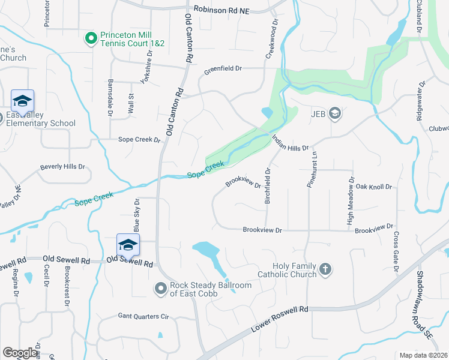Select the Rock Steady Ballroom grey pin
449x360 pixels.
click(160, 289)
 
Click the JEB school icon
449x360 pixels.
click(335, 113)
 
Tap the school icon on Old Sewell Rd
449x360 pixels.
click(128, 246)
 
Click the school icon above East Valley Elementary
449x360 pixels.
click(22, 102)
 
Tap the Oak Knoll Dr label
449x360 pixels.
click(373, 187)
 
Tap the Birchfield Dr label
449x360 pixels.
click(268, 185)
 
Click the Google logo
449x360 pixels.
click(20, 353)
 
